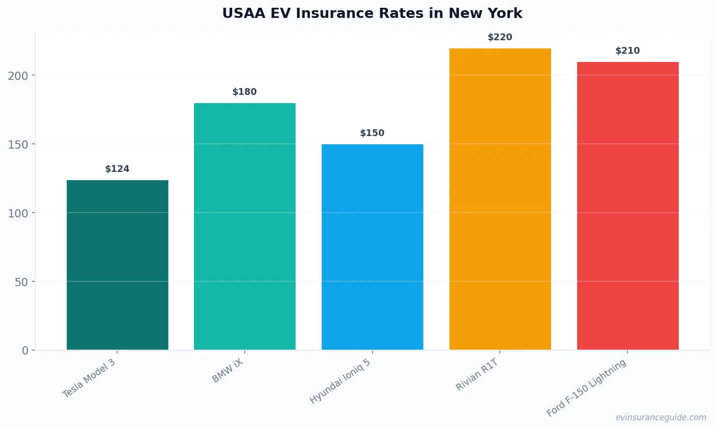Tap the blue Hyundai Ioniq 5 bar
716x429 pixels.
pyautogui.click(x=373, y=247)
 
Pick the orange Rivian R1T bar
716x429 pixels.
pyautogui.click(x=500, y=199)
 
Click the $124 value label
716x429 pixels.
pyautogui.click(x=118, y=169)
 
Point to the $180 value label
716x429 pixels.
pyautogui.click(x=245, y=92)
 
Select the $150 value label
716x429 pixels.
pyautogui.click(x=373, y=133)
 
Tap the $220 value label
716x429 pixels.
pyautogui.click(x=500, y=37)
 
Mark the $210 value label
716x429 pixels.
pyautogui.click(x=628, y=51)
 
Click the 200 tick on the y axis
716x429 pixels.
pyautogui.click(x=18, y=76)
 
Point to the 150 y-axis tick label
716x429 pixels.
pyautogui.click(x=18, y=145)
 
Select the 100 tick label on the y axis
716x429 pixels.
pyautogui.click(x=18, y=214)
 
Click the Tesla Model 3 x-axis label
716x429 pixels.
pyautogui.click(x=89, y=378)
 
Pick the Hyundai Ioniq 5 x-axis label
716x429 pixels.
pyautogui.click(x=340, y=382)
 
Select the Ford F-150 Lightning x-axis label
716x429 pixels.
pyautogui.click(x=586, y=388)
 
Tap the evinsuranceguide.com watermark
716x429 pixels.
pyautogui.click(x=661, y=417)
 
